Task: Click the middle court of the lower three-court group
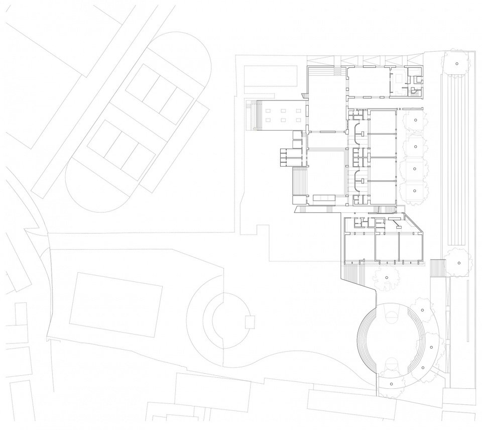click(x=120, y=144)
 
